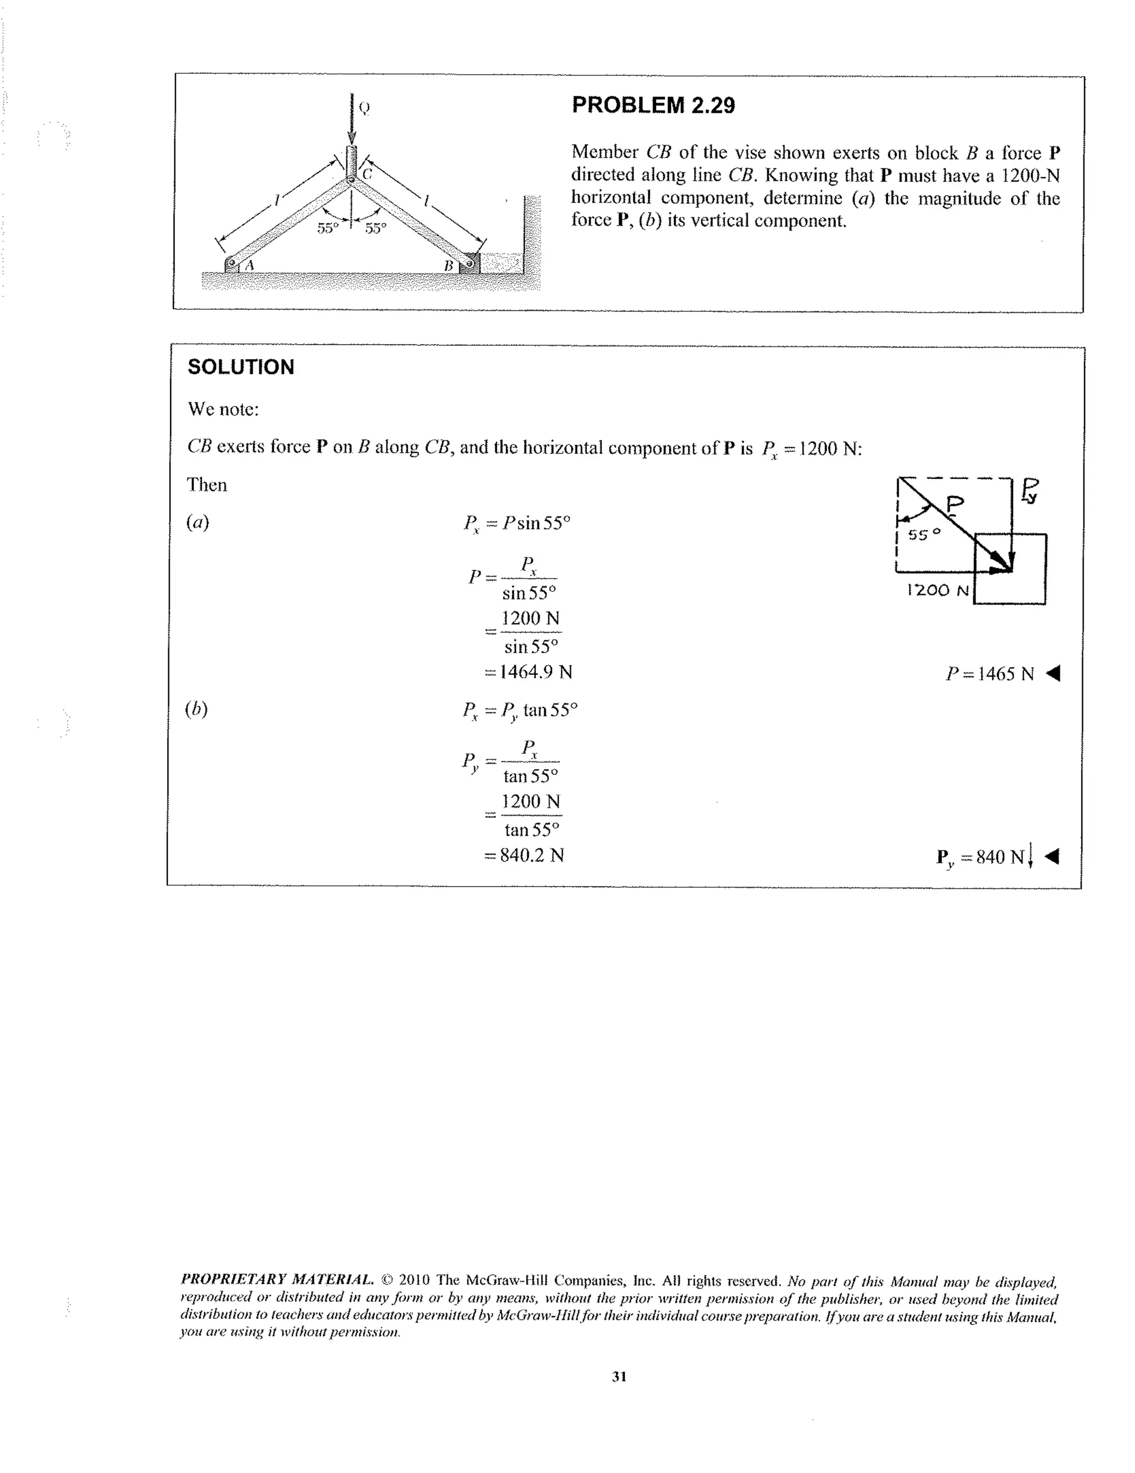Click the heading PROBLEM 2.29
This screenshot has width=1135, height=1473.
[652, 105]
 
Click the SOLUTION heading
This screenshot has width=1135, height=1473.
[241, 367]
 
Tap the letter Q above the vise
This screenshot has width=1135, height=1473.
[364, 108]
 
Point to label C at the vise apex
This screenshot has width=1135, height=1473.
[367, 174]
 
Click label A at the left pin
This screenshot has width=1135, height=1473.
[249, 265]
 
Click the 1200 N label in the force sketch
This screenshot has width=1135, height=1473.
[937, 591]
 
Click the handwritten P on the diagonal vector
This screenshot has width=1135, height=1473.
[955, 503]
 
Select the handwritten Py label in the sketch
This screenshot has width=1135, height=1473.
[1030, 490]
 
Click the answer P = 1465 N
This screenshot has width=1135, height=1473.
[989, 674]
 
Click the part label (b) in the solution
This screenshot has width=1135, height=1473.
[196, 709]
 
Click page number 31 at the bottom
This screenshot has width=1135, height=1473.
[619, 1377]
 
